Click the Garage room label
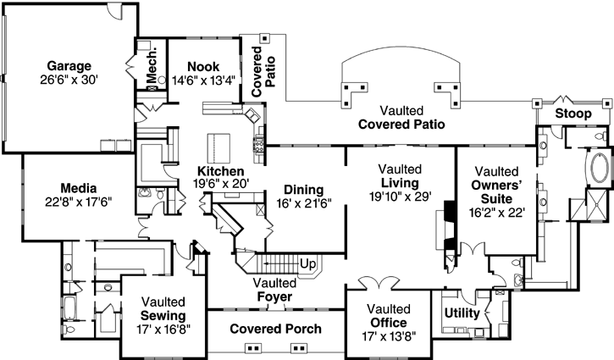pyautogui.click(x=69, y=65)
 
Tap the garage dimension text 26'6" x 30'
pyautogui.click(x=69, y=80)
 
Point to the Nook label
pyautogui.click(x=203, y=66)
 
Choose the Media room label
pyautogui.click(x=78, y=187)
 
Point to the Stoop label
pyautogui.click(x=573, y=114)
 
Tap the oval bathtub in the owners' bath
pyautogui.click(x=598, y=169)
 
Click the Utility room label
pyautogui.click(x=462, y=313)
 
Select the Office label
pyautogui.click(x=388, y=324)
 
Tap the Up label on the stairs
pyautogui.click(x=308, y=264)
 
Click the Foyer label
pyautogui.click(x=274, y=297)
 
